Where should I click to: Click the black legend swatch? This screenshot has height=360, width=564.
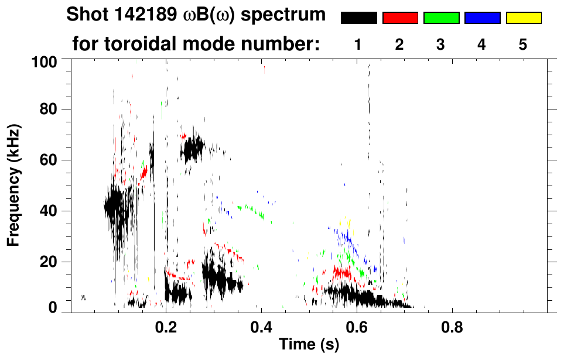click(x=359, y=18)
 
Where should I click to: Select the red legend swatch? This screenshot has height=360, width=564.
click(x=400, y=18)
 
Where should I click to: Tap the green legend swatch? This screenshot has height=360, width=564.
click(x=441, y=18)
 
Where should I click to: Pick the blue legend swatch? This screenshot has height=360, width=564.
click(x=482, y=18)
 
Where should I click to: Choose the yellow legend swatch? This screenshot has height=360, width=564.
click(x=523, y=18)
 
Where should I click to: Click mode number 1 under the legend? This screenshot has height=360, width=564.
click(x=358, y=44)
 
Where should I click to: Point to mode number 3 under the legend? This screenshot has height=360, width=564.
click(x=441, y=44)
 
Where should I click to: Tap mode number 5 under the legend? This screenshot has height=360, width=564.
click(x=523, y=44)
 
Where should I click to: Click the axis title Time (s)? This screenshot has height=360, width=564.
click(x=309, y=345)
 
